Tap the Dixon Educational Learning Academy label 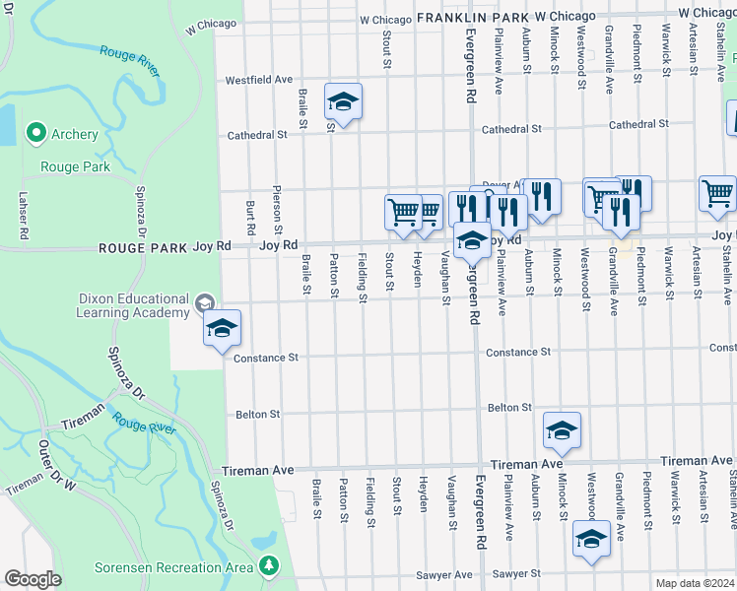coord(133,305)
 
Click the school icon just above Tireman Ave coord(562,430)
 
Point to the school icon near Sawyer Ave coord(591,539)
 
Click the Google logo coord(33,579)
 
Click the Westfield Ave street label coord(260,80)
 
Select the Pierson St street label coord(279,204)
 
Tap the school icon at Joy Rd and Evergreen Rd coord(472,240)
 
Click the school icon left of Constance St coord(223,328)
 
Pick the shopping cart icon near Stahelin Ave coord(718,193)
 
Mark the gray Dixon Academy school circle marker coord(205,302)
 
